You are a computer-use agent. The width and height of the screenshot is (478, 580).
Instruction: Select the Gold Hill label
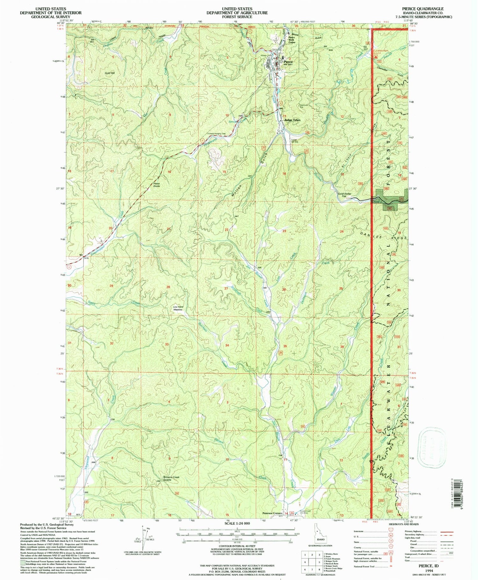(109, 73)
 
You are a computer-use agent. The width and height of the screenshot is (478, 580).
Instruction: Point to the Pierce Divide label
(156, 185)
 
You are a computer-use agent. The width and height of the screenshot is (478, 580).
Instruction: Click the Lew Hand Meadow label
(178, 308)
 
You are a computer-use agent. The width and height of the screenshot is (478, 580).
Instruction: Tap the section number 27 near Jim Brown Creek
(226, 289)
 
